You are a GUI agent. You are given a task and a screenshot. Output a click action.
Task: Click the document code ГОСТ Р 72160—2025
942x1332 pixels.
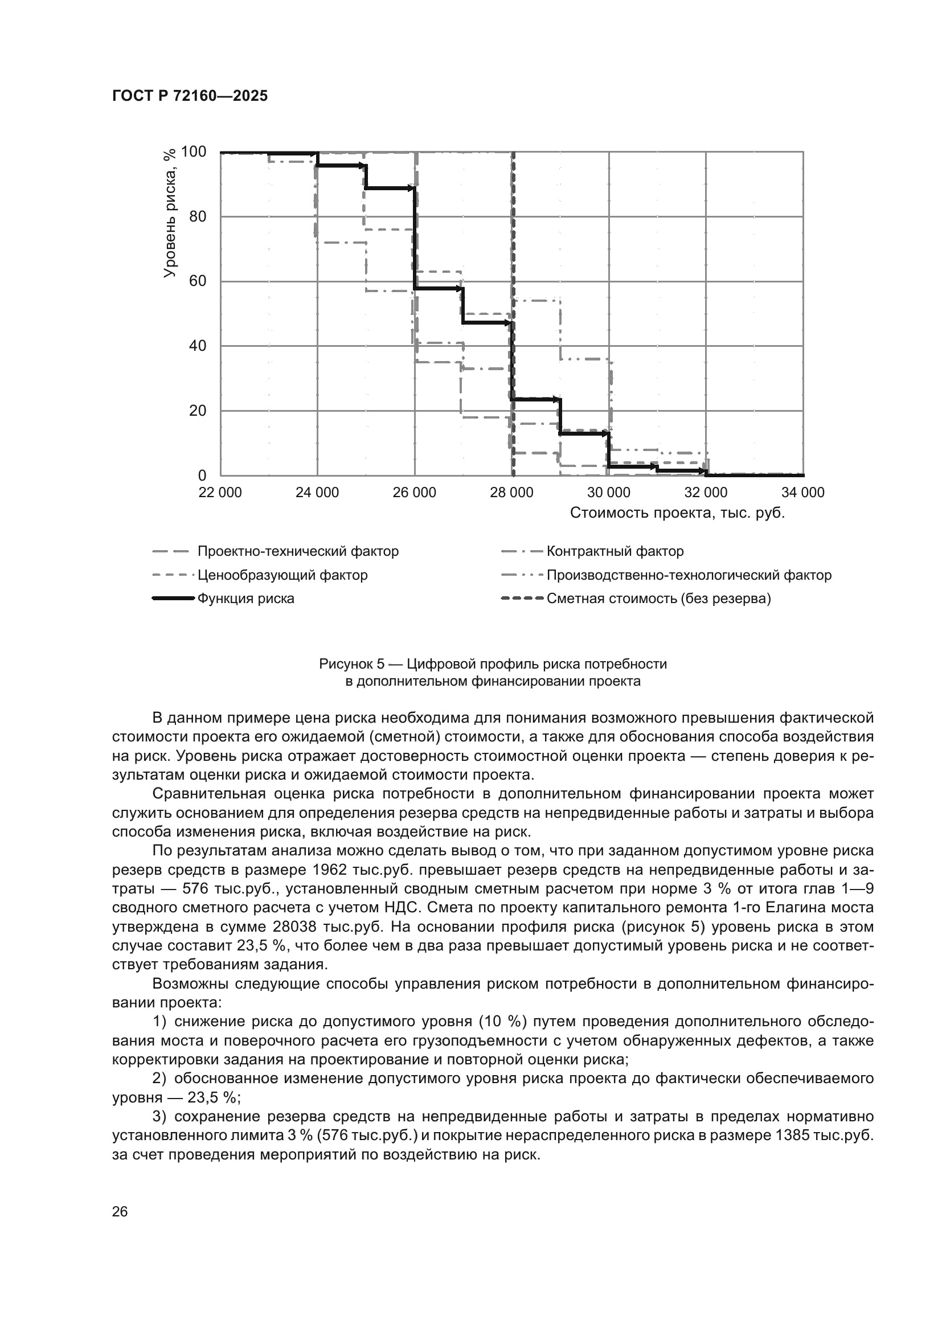click(x=190, y=96)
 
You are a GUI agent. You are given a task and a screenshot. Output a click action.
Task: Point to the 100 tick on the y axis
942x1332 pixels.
click(x=194, y=152)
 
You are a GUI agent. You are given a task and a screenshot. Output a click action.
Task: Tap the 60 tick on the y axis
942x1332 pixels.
click(x=198, y=281)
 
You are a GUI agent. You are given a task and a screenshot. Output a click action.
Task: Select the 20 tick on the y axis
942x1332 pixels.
click(x=198, y=411)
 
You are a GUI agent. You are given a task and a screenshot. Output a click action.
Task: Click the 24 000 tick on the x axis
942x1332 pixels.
click(x=317, y=493)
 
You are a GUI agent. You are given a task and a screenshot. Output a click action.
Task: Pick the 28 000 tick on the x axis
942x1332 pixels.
click(x=511, y=493)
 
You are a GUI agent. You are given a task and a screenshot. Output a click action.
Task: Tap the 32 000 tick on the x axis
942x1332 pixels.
click(x=705, y=493)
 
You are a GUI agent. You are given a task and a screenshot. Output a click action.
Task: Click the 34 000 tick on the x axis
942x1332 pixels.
click(x=803, y=493)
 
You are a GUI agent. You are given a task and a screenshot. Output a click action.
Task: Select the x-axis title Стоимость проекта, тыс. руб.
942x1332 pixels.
click(x=677, y=514)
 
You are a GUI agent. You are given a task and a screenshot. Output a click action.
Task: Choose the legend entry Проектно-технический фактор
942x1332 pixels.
click(x=298, y=551)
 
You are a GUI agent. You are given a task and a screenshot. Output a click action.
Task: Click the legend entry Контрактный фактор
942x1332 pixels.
click(x=615, y=551)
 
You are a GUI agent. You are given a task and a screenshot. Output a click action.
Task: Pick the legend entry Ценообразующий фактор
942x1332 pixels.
click(x=282, y=575)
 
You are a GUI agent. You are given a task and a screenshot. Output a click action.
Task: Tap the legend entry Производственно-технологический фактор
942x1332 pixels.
click(x=689, y=575)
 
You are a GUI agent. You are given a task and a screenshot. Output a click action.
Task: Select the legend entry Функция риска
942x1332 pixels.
click(x=246, y=599)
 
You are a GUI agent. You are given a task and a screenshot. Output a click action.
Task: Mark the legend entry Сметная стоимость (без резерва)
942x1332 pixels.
click(x=659, y=599)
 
